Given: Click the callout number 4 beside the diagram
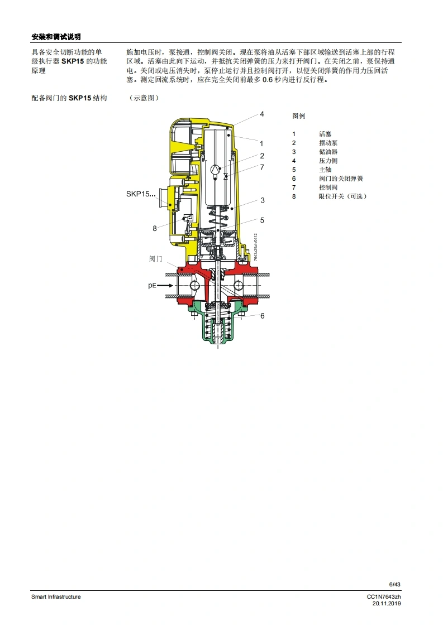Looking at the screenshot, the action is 262,114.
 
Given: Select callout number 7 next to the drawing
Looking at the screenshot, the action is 263,167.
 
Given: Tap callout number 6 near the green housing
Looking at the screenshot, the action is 263,316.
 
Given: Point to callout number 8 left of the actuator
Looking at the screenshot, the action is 155,228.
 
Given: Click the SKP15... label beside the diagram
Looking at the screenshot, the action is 141,194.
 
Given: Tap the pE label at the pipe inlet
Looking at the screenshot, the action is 152,286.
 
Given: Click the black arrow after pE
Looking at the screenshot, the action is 165,286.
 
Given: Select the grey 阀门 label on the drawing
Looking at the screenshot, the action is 155,259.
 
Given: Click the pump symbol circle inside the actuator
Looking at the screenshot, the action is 215,170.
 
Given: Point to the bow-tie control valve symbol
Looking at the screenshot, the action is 226,176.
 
